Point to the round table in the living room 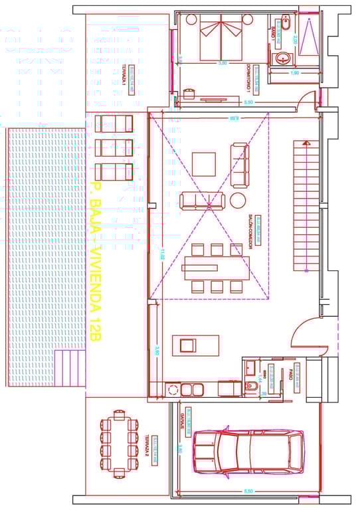coord(238,200)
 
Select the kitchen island coord(196,345)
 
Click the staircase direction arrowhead coord(306,142)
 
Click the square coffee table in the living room coord(204,163)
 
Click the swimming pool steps coord(69,368)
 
